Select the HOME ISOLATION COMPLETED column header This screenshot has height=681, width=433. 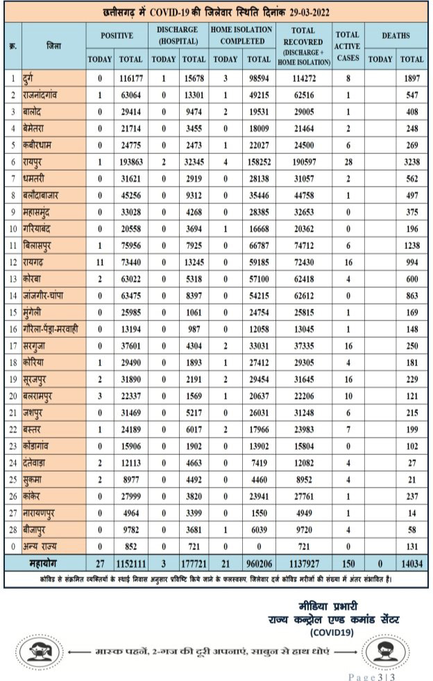(x=243, y=36)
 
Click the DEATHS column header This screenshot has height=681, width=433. (x=396, y=35)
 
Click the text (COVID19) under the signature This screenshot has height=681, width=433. (x=330, y=632)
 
